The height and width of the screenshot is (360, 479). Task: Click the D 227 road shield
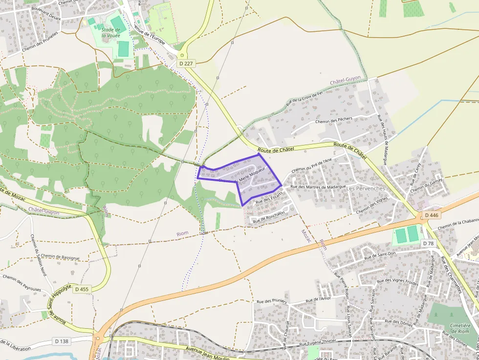point(186,63)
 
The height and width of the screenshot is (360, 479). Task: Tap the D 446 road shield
point(432,215)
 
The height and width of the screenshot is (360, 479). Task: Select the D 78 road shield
point(429,243)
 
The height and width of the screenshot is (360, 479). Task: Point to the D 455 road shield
point(82,289)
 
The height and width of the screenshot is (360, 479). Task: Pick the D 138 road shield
point(61,341)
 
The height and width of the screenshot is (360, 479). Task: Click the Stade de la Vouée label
point(111,33)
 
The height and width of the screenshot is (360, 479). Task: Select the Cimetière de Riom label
point(460,329)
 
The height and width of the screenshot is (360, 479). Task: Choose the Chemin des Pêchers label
point(334,120)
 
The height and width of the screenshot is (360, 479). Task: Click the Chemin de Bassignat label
point(60,256)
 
